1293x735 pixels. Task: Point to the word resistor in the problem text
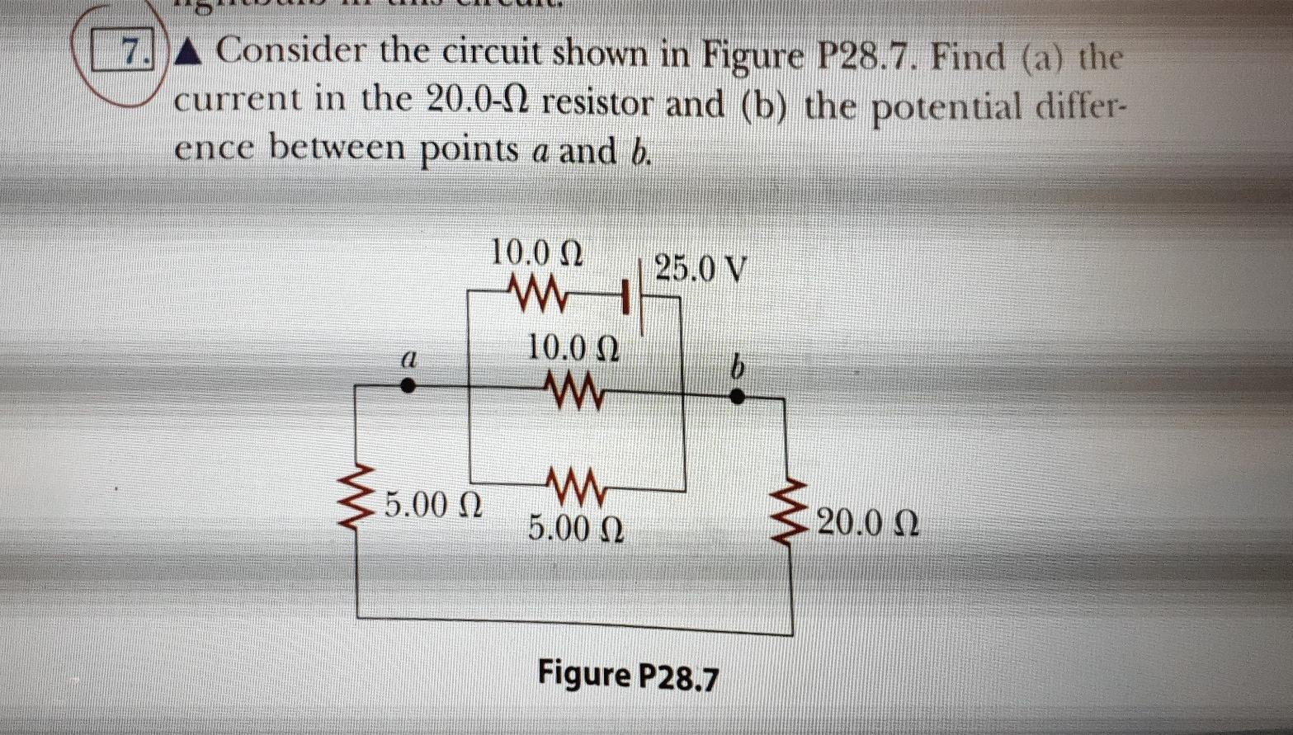(602, 105)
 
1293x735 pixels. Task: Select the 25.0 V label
(701, 268)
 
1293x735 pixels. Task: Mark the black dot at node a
(407, 385)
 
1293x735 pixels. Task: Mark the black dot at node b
(738, 397)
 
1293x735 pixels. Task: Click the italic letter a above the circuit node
(405, 359)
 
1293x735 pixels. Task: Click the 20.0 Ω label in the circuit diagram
(866, 523)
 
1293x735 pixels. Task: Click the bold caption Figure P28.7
(628, 675)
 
